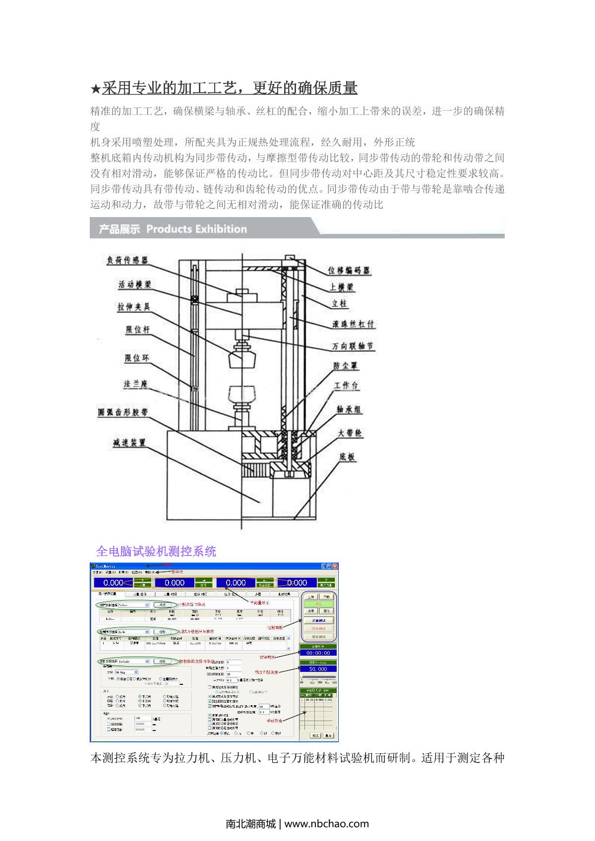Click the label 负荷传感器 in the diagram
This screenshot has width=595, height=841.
(x=127, y=261)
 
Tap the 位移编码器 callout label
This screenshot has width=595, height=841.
(x=349, y=271)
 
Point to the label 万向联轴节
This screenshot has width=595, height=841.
(x=353, y=346)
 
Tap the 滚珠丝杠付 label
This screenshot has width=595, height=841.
(x=353, y=325)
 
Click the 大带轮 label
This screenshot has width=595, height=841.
(x=350, y=433)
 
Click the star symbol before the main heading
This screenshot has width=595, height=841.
(x=95, y=90)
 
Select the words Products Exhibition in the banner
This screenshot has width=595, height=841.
(x=196, y=229)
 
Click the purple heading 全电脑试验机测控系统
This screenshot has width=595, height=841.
(x=156, y=551)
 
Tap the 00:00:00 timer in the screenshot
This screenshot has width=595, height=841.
(x=317, y=653)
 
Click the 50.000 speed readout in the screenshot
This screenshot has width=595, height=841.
(x=317, y=669)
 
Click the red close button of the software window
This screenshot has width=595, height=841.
(x=335, y=566)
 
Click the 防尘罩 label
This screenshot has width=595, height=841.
(x=346, y=366)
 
